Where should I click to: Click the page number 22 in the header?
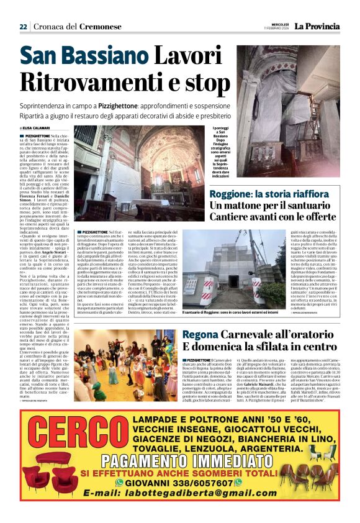pos(23,27)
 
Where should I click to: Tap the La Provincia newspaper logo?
pos(317,26)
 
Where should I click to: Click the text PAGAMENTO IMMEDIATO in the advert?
pos(180,460)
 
